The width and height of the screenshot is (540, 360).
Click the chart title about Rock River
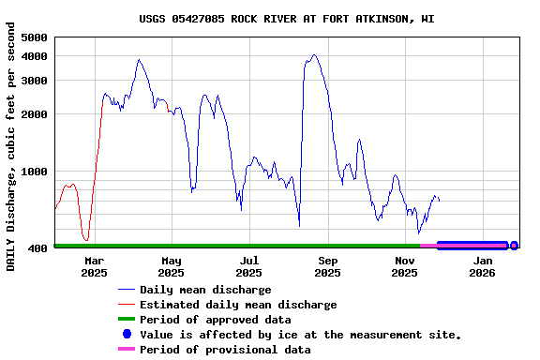point(286,19)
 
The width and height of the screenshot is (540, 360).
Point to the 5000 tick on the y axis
point(34,37)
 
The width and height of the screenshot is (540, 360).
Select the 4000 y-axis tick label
point(34,56)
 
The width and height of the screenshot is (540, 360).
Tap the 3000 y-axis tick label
point(34,81)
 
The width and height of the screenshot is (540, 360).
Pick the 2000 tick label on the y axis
point(34,114)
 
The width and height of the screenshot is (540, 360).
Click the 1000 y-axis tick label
point(34,172)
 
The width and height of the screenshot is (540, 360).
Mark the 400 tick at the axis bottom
point(37,248)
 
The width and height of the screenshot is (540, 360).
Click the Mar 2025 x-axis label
point(94,266)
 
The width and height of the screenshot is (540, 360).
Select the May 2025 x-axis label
point(172,266)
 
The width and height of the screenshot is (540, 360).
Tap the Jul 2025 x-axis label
point(249,266)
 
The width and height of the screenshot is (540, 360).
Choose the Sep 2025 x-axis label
point(327,266)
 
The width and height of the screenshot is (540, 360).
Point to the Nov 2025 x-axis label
point(405,266)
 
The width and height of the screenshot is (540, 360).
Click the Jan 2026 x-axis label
point(482,266)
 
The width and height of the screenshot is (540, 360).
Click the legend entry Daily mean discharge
point(205,290)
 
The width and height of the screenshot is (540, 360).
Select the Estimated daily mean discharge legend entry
point(238,305)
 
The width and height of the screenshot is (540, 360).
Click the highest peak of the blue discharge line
point(314,55)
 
